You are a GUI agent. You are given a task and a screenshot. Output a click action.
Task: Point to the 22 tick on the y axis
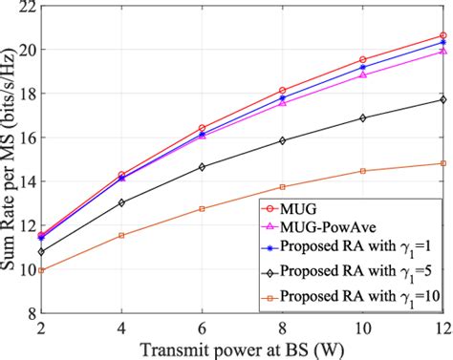[x=32, y=7]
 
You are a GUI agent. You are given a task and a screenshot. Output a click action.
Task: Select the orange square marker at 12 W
[x=442, y=163]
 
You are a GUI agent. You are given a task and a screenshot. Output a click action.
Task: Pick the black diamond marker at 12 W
[x=442, y=99]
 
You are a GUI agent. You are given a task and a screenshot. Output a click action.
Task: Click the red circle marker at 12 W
[x=442, y=35]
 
